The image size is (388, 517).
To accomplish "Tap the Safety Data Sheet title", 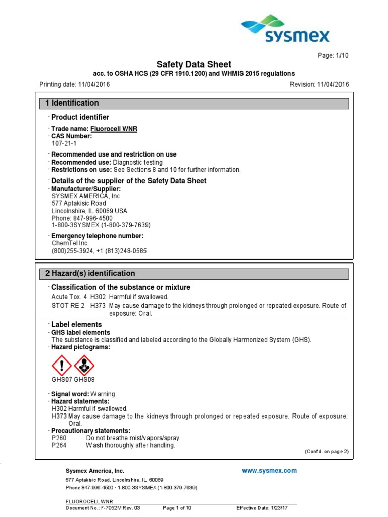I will (x=193, y=64).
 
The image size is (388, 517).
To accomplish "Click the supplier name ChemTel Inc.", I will (x=70, y=243).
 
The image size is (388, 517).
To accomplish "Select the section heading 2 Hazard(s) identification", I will (x=90, y=273).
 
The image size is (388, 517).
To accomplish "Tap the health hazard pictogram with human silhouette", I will (x=84, y=365).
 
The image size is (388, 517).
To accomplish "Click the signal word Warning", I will (x=103, y=394).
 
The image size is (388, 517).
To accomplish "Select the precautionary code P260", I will (x=59, y=438).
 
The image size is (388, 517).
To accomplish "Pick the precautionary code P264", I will (x=59, y=445).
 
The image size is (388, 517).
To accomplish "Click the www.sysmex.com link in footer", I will (x=269, y=471).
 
